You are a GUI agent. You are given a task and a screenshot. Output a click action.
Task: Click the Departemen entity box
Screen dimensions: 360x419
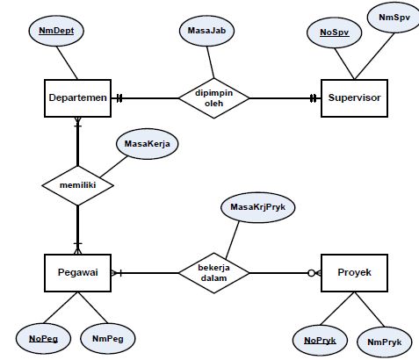click(77, 98)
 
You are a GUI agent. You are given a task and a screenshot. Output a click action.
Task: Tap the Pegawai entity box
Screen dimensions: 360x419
click(77, 273)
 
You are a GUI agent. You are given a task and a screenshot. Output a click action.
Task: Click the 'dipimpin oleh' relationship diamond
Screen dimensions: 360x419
click(213, 98)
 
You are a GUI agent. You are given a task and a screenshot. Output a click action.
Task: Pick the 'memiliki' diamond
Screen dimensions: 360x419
click(77, 185)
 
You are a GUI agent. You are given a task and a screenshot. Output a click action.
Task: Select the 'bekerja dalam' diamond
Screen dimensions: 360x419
click(213, 273)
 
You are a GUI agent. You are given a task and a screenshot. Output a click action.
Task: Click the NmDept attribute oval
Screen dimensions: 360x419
click(56, 31)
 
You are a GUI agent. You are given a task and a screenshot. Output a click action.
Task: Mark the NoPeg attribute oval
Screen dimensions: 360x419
click(43, 336)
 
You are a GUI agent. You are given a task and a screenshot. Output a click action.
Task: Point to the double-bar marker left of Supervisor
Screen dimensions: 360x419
click(314, 98)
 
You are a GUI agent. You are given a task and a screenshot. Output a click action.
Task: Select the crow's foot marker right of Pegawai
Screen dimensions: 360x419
click(116, 273)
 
